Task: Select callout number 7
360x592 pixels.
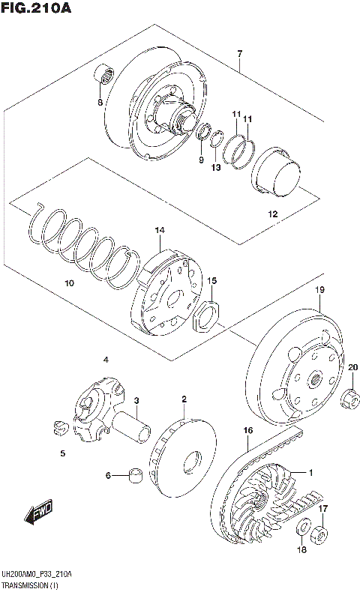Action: pos(239,53)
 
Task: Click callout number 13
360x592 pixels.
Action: pos(216,167)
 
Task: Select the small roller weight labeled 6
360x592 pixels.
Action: pos(136,475)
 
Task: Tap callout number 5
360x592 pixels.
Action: pos(63,453)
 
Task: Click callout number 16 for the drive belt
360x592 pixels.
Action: pos(247,430)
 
